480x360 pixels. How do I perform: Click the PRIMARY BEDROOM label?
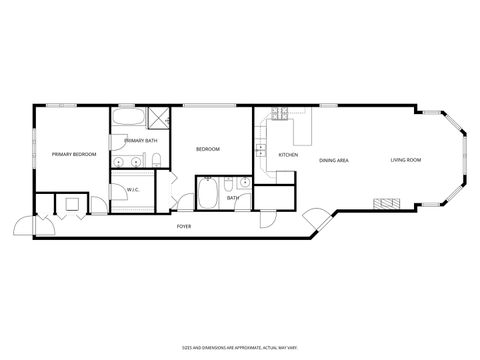72,155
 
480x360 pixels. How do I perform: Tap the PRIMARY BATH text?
140,141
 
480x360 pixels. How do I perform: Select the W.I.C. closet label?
133,189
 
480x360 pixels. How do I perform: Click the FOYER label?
183,227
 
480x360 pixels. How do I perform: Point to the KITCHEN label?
288,155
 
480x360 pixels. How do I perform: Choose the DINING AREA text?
333,160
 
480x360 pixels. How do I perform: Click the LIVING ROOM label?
405,160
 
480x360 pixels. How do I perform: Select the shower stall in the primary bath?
157,119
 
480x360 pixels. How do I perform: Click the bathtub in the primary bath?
127,120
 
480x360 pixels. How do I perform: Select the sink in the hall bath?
244,185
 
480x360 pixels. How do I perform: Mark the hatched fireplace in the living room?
385,203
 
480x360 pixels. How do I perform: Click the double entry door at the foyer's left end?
30,226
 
